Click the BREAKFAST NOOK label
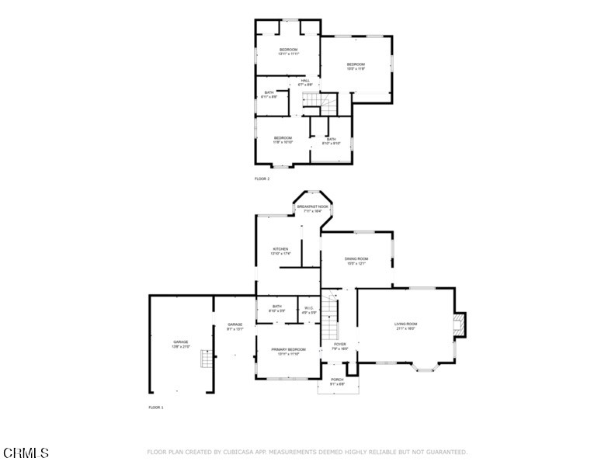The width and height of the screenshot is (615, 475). [312, 207]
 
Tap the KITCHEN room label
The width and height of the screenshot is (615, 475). [280, 250]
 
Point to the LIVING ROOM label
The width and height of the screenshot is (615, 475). [406, 324]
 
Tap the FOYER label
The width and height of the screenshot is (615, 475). [340, 345]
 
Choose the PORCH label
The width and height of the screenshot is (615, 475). [337, 380]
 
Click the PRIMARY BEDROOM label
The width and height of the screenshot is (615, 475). [288, 350]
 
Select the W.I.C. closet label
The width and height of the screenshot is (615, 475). [308, 309]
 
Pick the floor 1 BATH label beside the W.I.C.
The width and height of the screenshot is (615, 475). [276, 307]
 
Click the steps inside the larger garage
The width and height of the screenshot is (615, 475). [206, 359]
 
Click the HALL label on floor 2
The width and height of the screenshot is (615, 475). [305, 80]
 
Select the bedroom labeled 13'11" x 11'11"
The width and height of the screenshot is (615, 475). [288, 51]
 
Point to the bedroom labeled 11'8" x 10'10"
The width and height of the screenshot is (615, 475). [282, 139]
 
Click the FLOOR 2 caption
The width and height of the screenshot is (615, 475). [262, 179]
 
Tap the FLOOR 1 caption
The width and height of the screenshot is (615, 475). [156, 407]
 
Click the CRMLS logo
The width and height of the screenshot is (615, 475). [26, 452]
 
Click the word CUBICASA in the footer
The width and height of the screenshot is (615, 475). [240, 452]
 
